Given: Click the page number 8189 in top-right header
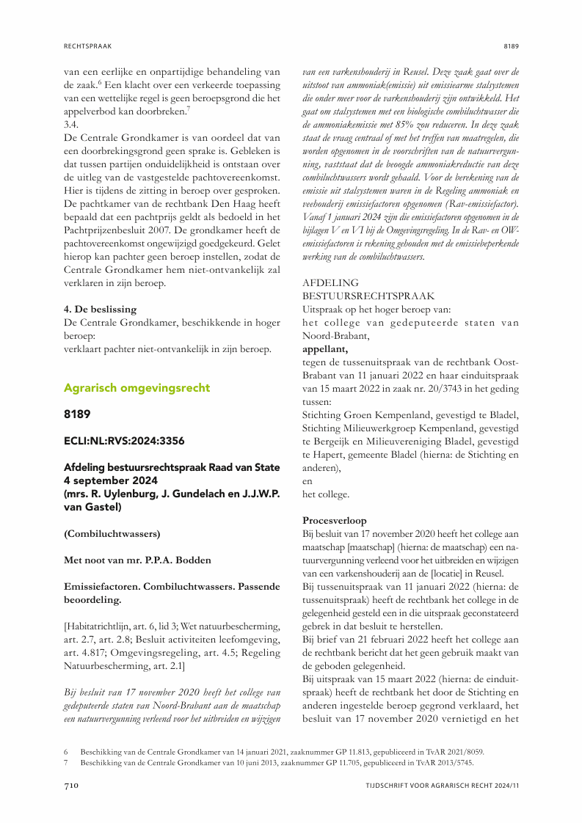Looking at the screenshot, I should (511, 45).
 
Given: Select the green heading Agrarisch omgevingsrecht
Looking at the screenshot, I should (137, 387).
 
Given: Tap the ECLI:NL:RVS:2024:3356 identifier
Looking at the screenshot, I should (125, 441).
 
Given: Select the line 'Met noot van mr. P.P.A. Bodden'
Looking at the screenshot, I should (138, 560).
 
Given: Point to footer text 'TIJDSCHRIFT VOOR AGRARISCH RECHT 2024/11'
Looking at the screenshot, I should (443, 786).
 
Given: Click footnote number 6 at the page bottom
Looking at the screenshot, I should (66, 753).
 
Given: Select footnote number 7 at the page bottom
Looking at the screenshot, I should (66, 763).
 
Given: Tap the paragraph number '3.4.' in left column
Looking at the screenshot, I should (73, 124).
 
